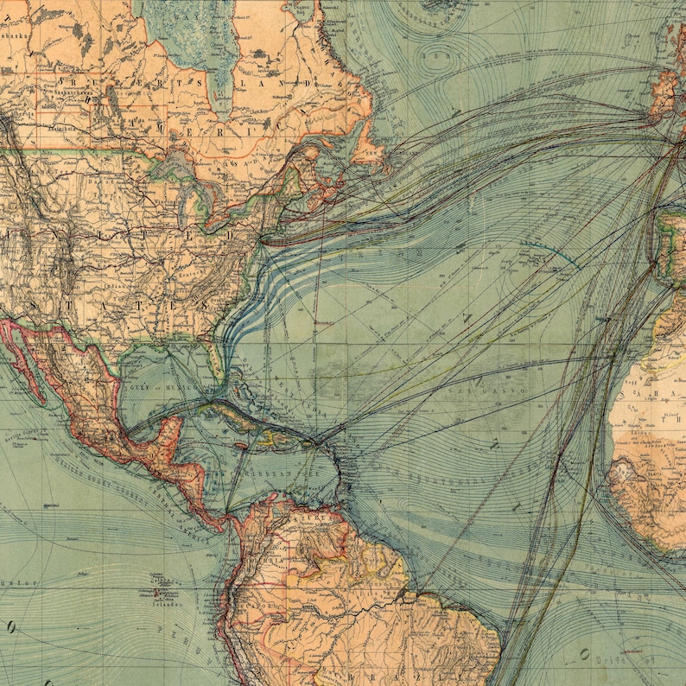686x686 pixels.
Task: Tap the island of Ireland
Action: click(664, 95)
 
